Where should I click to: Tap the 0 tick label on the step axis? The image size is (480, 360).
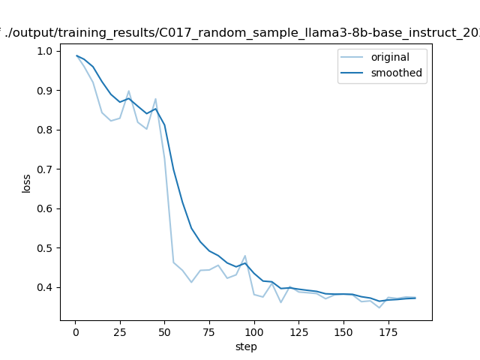tap(75, 331)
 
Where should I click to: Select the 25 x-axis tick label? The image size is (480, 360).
tap(120, 331)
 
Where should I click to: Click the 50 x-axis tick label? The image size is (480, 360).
tap(164, 331)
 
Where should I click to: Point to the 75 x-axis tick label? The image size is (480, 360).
tap(209, 331)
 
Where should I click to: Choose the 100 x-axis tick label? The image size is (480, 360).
tap(254, 331)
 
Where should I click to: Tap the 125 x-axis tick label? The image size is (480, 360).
tap(298, 331)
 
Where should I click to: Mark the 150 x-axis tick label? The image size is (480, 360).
tap(343, 331)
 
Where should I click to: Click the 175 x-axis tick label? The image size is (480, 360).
tap(388, 331)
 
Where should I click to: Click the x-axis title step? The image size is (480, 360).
tap(246, 346)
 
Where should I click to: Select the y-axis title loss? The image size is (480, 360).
tap(26, 183)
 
